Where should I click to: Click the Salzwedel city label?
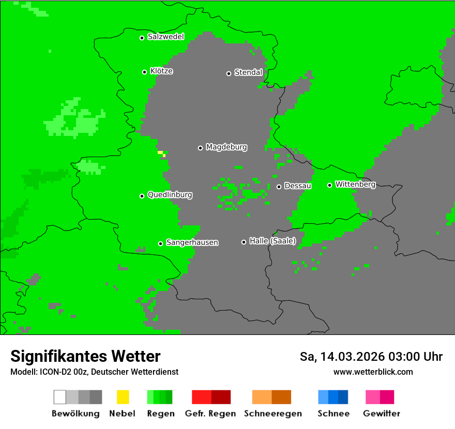(165, 37)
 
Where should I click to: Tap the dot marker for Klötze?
(144, 72)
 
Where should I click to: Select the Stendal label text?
(248, 72)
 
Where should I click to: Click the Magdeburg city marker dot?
(200, 148)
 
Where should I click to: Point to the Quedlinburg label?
(170, 195)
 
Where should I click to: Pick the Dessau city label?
(298, 186)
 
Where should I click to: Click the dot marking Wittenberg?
(329, 185)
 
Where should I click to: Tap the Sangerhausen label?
(192, 242)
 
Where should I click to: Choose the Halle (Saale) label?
(272, 241)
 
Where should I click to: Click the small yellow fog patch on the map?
(161, 153)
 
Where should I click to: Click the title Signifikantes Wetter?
(85, 356)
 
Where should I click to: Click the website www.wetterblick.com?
(373, 372)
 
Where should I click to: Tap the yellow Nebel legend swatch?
(123, 397)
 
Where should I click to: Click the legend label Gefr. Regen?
(210, 413)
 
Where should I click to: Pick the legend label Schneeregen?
(273, 413)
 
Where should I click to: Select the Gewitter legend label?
(382, 413)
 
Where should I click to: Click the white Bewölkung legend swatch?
(59, 397)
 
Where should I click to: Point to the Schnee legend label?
(333, 413)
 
